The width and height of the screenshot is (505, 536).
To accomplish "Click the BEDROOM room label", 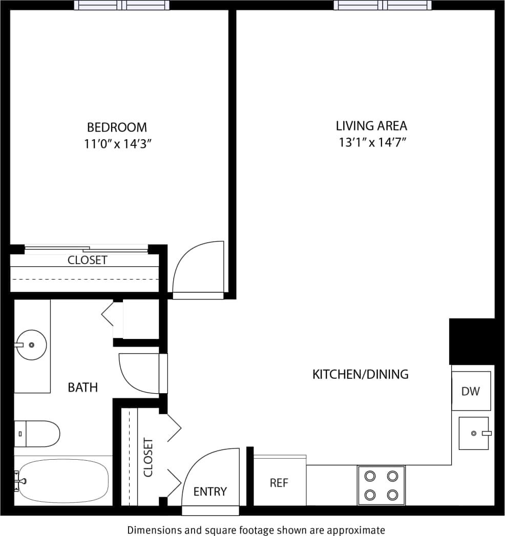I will click(x=117, y=127).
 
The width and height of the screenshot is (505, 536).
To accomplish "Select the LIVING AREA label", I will click(x=371, y=125).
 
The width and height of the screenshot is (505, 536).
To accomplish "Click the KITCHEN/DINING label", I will click(x=361, y=374).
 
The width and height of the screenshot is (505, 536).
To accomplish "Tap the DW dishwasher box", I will click(x=471, y=391).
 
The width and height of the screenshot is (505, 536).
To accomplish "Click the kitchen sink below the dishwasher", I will click(x=474, y=433).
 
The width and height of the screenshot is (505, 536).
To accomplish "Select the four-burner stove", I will click(x=381, y=485).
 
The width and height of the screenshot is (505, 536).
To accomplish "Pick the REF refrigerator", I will click(x=280, y=482).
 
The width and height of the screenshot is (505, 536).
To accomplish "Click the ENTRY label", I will click(x=210, y=491).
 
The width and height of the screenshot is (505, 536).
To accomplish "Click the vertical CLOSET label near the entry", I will click(x=149, y=457).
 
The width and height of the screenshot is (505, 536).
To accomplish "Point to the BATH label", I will click(x=83, y=388).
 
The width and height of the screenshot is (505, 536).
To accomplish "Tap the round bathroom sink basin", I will click(x=32, y=345).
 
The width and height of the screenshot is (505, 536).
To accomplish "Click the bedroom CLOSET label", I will click(x=88, y=260).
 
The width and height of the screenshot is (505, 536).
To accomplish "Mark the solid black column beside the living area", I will click(x=472, y=341).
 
